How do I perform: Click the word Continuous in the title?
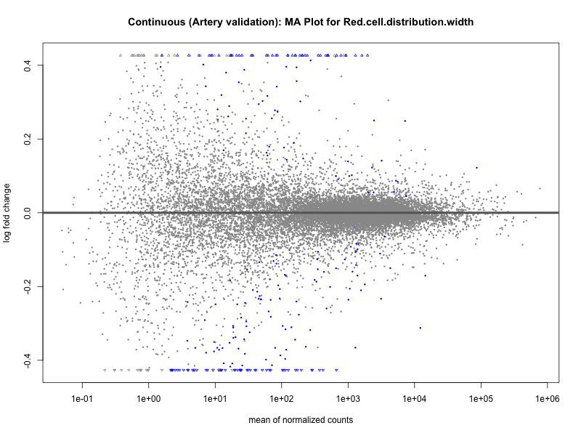(155, 22)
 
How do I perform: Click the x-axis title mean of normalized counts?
(301, 420)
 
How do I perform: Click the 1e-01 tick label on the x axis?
(82, 399)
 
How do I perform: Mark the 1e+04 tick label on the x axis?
(414, 399)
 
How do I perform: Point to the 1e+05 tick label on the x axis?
(480, 399)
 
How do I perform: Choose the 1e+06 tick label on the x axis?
(546, 399)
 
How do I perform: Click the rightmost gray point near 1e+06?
(540, 189)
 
